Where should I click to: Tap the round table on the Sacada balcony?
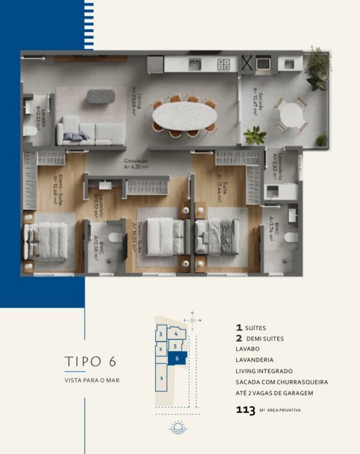pyautogui.click(x=291, y=114)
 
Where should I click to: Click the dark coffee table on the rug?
pyautogui.click(x=100, y=97)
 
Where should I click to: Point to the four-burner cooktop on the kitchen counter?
pyautogui.click(x=223, y=64)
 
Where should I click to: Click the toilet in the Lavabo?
pyautogui.click(x=30, y=131)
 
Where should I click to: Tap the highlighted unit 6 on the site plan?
pyautogui.click(x=177, y=358)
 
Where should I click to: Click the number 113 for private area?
pyautogui.click(x=246, y=410)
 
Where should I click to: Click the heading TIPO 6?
pyautogui.click(x=90, y=362)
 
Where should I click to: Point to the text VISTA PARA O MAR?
pyautogui.click(x=92, y=380)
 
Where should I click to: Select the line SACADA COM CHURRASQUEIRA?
pyautogui.click(x=282, y=382)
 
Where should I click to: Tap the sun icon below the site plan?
pyautogui.click(x=178, y=428)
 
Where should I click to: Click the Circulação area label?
pyautogui.click(x=136, y=163)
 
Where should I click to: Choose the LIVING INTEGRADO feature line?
pyautogui.click(x=264, y=371)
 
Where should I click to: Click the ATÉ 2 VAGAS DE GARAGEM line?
pyautogui.click(x=274, y=393)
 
